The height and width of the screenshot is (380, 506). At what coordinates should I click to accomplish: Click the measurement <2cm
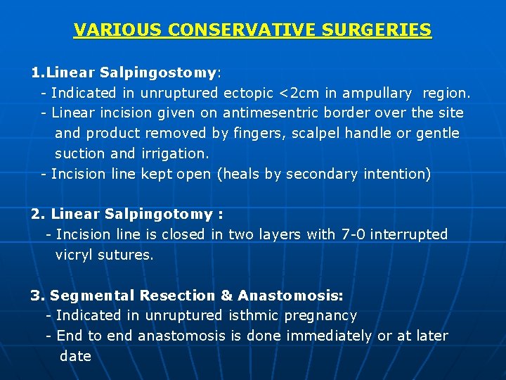coord(298,93)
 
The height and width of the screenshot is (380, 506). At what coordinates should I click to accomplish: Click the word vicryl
coord(77,255)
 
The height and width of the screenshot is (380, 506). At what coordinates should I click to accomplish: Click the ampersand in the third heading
coord(226,296)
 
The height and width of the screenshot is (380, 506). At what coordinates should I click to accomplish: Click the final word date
coord(75,356)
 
